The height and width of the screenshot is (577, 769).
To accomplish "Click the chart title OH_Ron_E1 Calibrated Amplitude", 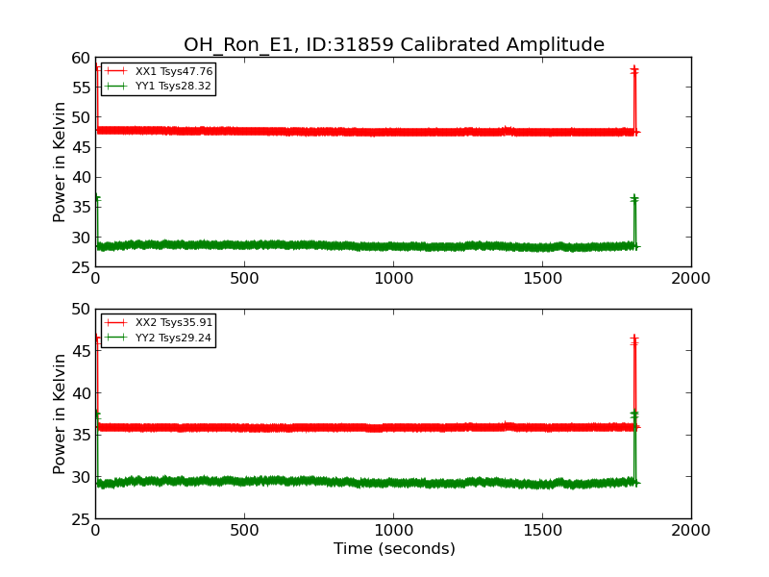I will [394, 45].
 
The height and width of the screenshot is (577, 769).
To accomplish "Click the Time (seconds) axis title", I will [394, 549].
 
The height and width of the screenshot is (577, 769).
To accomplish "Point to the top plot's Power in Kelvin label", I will [60, 162].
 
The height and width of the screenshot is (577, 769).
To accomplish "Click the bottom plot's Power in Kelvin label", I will [60, 414].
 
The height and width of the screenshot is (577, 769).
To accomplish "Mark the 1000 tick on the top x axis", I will [393, 279].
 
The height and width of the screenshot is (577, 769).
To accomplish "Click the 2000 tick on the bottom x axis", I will [691, 531].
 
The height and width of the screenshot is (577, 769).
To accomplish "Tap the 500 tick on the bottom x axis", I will [244, 531].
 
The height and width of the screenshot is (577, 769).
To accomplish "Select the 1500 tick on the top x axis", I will [542, 279].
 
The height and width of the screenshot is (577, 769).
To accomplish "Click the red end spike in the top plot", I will [634, 96].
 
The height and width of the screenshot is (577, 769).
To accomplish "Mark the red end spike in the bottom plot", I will [634, 380].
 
